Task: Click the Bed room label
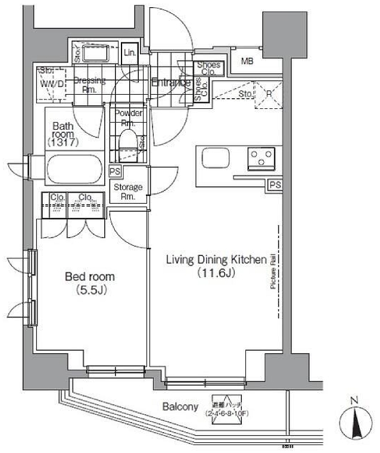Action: [89, 277]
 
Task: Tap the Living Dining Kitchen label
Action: [215, 259]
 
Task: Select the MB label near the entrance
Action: [247, 60]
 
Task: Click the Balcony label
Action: [180, 407]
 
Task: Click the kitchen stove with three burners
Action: [260, 158]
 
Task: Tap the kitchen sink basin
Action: [214, 158]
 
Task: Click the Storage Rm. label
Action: [128, 191]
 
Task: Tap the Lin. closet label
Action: [129, 53]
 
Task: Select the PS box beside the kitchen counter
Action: [275, 185]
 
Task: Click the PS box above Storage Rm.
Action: [115, 171]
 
